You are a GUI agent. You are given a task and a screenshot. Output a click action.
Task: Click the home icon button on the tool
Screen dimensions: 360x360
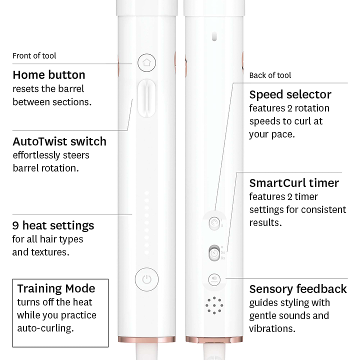[x=146, y=62]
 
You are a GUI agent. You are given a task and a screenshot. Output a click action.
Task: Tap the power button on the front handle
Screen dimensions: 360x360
[x=146, y=279]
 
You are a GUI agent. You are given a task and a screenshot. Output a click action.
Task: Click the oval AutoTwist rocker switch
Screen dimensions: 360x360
[x=146, y=98]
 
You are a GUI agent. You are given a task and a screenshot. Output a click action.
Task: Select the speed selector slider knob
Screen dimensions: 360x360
[x=214, y=223]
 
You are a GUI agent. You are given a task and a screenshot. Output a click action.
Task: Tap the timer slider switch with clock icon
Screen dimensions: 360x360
[x=214, y=253]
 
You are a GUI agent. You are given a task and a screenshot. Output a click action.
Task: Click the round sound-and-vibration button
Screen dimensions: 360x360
[x=214, y=279]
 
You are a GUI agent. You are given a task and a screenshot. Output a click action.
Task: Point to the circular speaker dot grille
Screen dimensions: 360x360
[x=214, y=305]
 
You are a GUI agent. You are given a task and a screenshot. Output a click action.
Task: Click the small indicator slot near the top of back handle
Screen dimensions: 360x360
[x=214, y=36]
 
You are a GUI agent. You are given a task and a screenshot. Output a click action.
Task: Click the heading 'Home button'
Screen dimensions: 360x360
[x=49, y=75]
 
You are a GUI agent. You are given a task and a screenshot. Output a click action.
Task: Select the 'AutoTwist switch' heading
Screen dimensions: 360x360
[x=59, y=141]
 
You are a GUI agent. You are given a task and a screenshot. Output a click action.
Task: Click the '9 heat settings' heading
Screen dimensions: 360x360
[x=53, y=225]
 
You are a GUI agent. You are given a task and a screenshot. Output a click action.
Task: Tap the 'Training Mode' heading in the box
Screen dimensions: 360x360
[x=56, y=288]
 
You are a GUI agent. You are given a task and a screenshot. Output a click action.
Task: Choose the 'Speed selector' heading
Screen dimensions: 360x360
[x=290, y=94]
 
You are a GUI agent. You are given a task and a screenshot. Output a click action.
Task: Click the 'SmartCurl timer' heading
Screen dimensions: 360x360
[x=294, y=183]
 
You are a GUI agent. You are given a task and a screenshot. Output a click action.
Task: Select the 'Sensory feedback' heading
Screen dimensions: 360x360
[x=298, y=289]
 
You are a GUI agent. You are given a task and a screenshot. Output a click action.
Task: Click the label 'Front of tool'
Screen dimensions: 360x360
[x=34, y=56]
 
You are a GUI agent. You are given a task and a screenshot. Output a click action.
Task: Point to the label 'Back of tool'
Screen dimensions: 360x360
[x=270, y=75]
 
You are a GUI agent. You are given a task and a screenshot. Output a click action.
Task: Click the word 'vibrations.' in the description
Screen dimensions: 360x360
[x=272, y=328]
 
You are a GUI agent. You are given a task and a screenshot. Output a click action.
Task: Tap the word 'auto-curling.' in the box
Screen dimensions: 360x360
[x=45, y=328]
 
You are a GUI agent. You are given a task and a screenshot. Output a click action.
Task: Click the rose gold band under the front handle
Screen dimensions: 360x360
[x=146, y=339]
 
